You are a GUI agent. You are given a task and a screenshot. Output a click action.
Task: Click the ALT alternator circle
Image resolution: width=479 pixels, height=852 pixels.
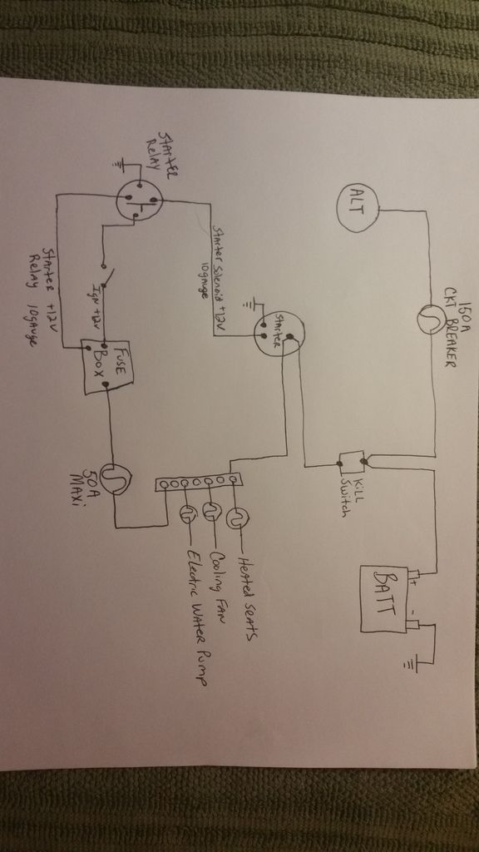pyautogui.click(x=358, y=207)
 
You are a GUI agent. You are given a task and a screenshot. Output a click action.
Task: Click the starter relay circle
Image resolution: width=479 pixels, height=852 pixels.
pyautogui.click(x=138, y=199)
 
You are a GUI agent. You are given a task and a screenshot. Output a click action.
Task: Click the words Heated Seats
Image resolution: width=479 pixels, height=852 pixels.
pyautogui.click(x=249, y=587)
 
